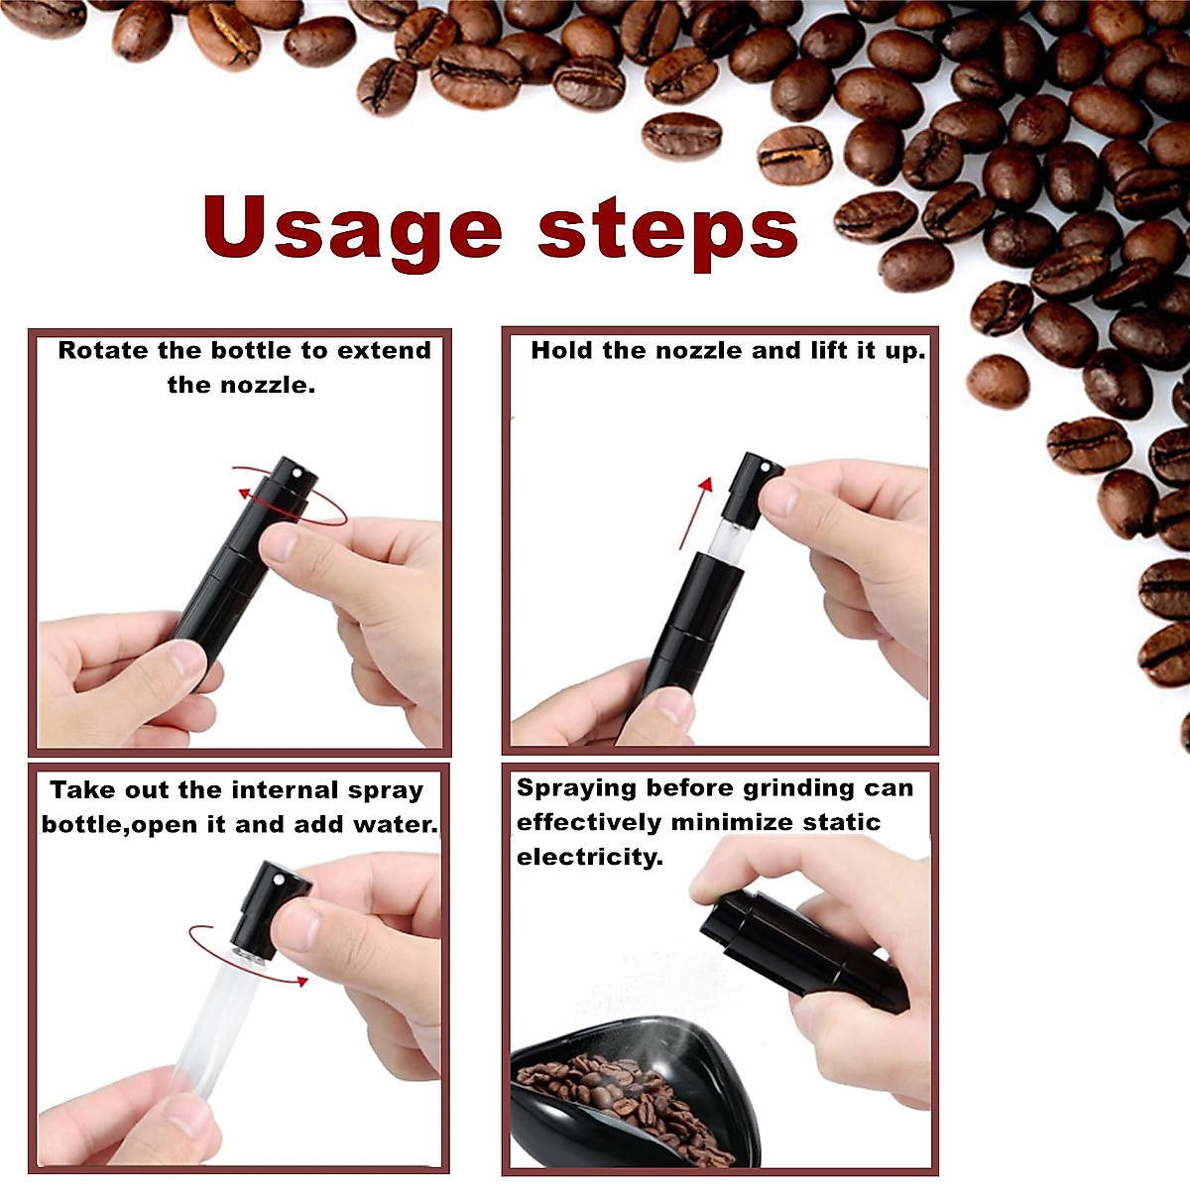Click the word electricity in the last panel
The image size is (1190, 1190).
point(589,857)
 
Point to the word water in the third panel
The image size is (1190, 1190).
point(401,824)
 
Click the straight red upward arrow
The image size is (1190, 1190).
point(694,511)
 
